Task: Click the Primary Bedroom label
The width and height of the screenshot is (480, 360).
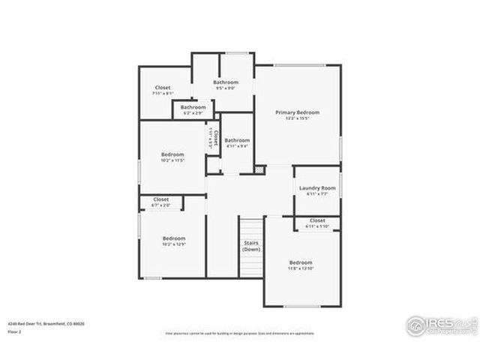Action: tap(297, 112)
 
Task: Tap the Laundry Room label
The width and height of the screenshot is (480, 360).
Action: tap(316, 187)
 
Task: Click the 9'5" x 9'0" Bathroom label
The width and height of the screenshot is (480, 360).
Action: tap(225, 82)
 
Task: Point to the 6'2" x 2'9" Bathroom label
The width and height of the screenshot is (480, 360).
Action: tap(193, 107)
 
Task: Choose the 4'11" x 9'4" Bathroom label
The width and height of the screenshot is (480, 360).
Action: tap(238, 140)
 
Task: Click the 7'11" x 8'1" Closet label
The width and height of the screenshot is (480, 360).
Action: tap(163, 88)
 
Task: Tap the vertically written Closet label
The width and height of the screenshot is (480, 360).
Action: tap(214, 138)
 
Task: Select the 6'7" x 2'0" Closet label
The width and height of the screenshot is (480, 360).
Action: tap(161, 199)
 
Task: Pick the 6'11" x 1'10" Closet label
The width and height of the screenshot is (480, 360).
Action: tap(317, 220)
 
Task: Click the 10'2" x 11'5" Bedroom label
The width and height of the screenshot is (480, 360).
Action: tap(172, 154)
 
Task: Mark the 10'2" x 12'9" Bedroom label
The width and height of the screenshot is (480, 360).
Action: tap(174, 238)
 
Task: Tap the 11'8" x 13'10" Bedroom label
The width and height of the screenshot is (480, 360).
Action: tap(301, 262)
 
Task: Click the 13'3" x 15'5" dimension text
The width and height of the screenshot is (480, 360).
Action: tap(297, 118)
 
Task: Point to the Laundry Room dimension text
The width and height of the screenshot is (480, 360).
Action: tap(316, 193)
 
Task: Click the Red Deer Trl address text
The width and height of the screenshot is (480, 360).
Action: tap(46, 323)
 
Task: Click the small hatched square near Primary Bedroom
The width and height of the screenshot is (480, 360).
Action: tap(259, 170)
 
